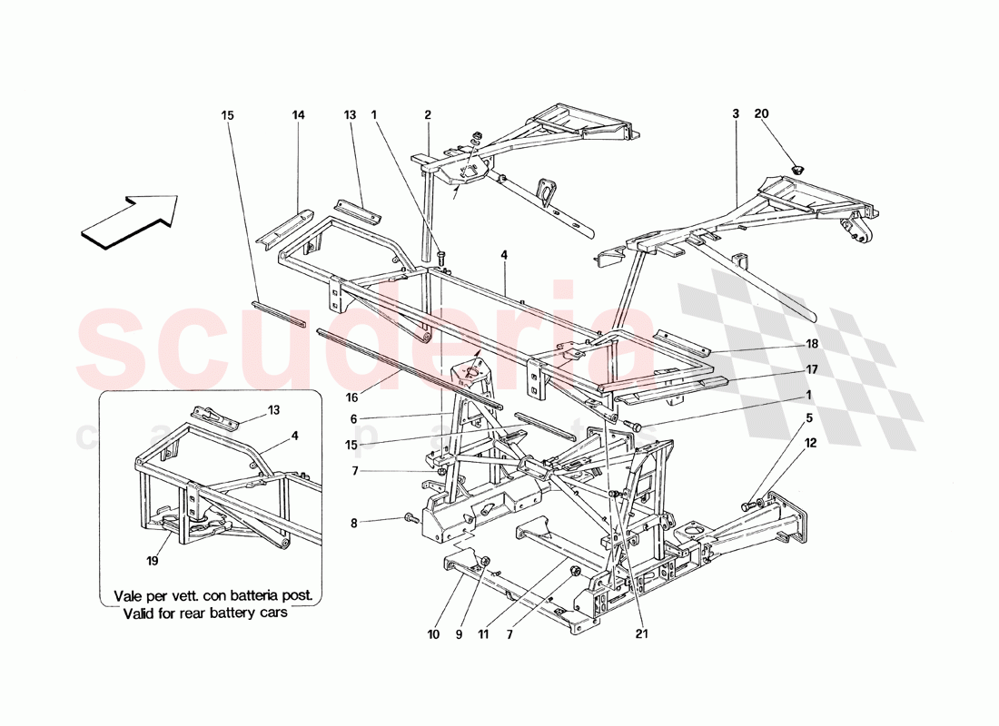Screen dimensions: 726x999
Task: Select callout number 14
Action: pyautogui.click(x=298, y=115)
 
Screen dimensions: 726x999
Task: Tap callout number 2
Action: pyautogui.click(x=427, y=115)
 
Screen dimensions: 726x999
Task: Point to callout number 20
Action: pyautogui.click(x=761, y=115)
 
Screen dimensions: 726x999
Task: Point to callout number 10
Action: pyautogui.click(x=433, y=633)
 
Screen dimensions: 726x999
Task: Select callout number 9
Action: pyautogui.click(x=460, y=633)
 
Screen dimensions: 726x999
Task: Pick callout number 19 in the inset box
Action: pyautogui.click(x=152, y=561)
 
